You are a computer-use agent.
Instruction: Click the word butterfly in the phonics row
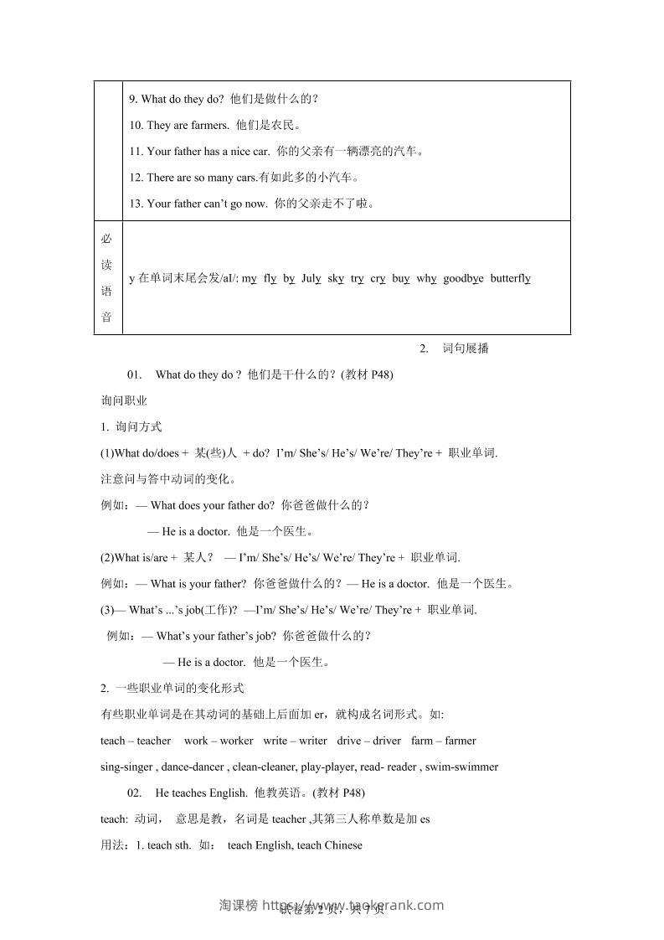pyautogui.click(x=510, y=278)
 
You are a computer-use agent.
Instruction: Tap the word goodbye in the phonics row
pyautogui.click(x=463, y=278)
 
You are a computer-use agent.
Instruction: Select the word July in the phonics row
pyautogui.click(x=311, y=278)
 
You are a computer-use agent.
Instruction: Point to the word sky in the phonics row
pyautogui.click(x=336, y=278)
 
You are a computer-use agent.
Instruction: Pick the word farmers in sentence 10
pyautogui.click(x=210, y=126)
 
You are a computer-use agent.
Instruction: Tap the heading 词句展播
pyautogui.click(x=466, y=349)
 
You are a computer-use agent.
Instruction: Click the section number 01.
pyautogui.click(x=136, y=374)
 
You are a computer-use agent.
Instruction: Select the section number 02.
pyautogui.click(x=136, y=793)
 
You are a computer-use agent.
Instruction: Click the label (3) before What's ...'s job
pyautogui.click(x=106, y=610)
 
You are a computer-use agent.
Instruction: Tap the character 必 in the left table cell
pyautogui.click(x=106, y=239)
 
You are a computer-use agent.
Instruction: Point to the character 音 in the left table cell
pyautogui.click(x=106, y=317)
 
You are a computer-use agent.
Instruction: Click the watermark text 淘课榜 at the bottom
pyautogui.click(x=238, y=905)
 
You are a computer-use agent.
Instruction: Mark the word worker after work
pyautogui.click(x=236, y=741)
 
